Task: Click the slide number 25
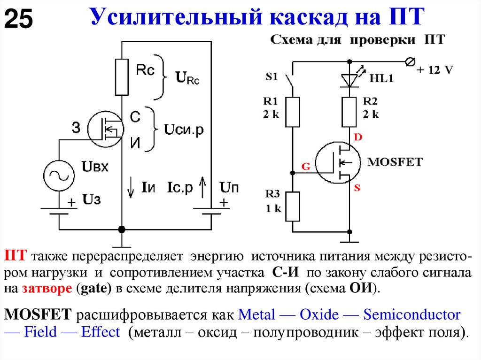click(x=19, y=20)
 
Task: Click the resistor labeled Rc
click(x=122, y=77)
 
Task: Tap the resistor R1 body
click(x=292, y=112)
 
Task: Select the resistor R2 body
click(x=349, y=112)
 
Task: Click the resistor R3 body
click(x=292, y=206)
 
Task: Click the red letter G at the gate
click(x=305, y=166)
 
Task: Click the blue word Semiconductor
click(x=412, y=314)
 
